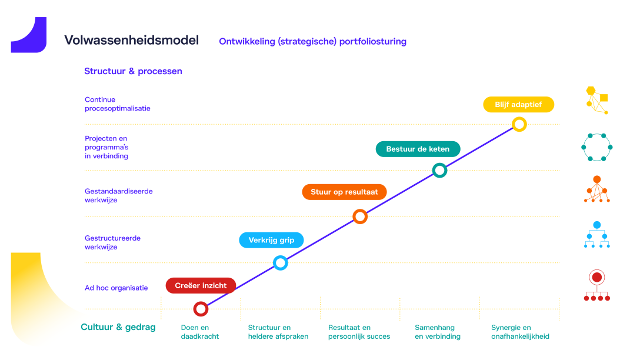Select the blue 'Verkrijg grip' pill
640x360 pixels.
coord(271,240)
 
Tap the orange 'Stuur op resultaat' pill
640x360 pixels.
coord(345,192)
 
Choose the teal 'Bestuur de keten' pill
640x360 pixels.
coord(418,149)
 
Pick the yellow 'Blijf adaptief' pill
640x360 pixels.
coord(519,104)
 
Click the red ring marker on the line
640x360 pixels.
coord(201,309)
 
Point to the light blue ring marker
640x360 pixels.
coord(281,263)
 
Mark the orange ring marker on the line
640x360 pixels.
coord(360,216)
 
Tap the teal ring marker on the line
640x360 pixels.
coord(439,171)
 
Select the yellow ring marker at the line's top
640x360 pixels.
coord(519,124)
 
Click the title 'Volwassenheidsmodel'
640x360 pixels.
coord(131,40)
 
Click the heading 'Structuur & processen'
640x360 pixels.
coord(133,71)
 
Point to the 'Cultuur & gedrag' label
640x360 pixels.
coord(118,327)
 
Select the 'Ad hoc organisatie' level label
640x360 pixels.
coord(116,288)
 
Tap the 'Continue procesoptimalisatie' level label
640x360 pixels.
coord(117,104)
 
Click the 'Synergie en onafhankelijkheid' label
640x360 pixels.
coord(520,332)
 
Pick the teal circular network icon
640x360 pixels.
coord(596,147)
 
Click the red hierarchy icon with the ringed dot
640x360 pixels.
coord(596,286)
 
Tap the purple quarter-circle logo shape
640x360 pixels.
coord(31,36)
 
